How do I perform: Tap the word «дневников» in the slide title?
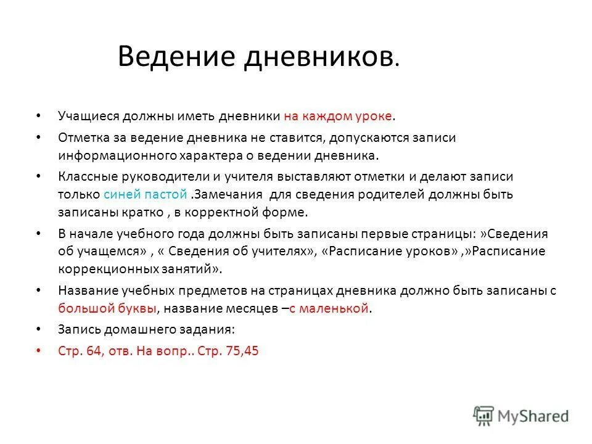pos(318,57)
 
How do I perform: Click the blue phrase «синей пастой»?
pos(146,194)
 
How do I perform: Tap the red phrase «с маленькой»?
pos(332,308)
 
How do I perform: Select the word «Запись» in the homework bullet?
pos(76,329)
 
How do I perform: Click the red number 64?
pos(89,351)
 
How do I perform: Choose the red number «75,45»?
pos(244,351)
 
